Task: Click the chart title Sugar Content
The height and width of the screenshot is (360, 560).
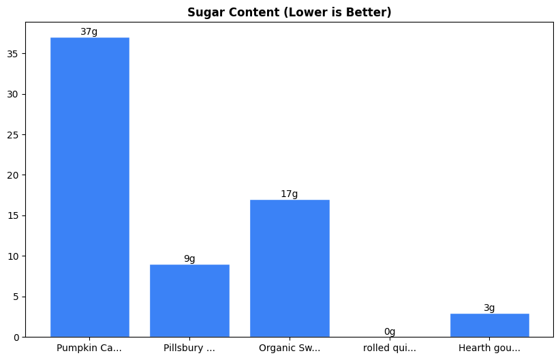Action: coord(290,12)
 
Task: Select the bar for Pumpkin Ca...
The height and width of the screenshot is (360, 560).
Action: coord(89,187)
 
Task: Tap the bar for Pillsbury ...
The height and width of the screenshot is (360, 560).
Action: coord(189,301)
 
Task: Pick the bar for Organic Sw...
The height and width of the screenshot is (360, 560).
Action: coord(290,269)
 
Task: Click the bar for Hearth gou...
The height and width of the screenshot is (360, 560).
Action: coord(489,325)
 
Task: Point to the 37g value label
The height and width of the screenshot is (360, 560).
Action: coord(89,32)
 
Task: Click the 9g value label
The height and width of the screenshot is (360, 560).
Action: coord(189,259)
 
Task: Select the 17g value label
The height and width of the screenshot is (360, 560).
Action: coord(290,194)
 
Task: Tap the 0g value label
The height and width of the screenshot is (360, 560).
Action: coord(390,332)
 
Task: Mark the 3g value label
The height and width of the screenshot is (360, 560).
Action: coord(489,308)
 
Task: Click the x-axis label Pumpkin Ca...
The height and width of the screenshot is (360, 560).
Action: coord(89,348)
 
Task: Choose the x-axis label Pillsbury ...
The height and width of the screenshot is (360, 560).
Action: coord(189,348)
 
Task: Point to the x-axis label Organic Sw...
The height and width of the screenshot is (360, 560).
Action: coord(290,348)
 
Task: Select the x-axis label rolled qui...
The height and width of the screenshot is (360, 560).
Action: coord(390,348)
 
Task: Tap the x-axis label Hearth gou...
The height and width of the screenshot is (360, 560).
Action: coord(489,348)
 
